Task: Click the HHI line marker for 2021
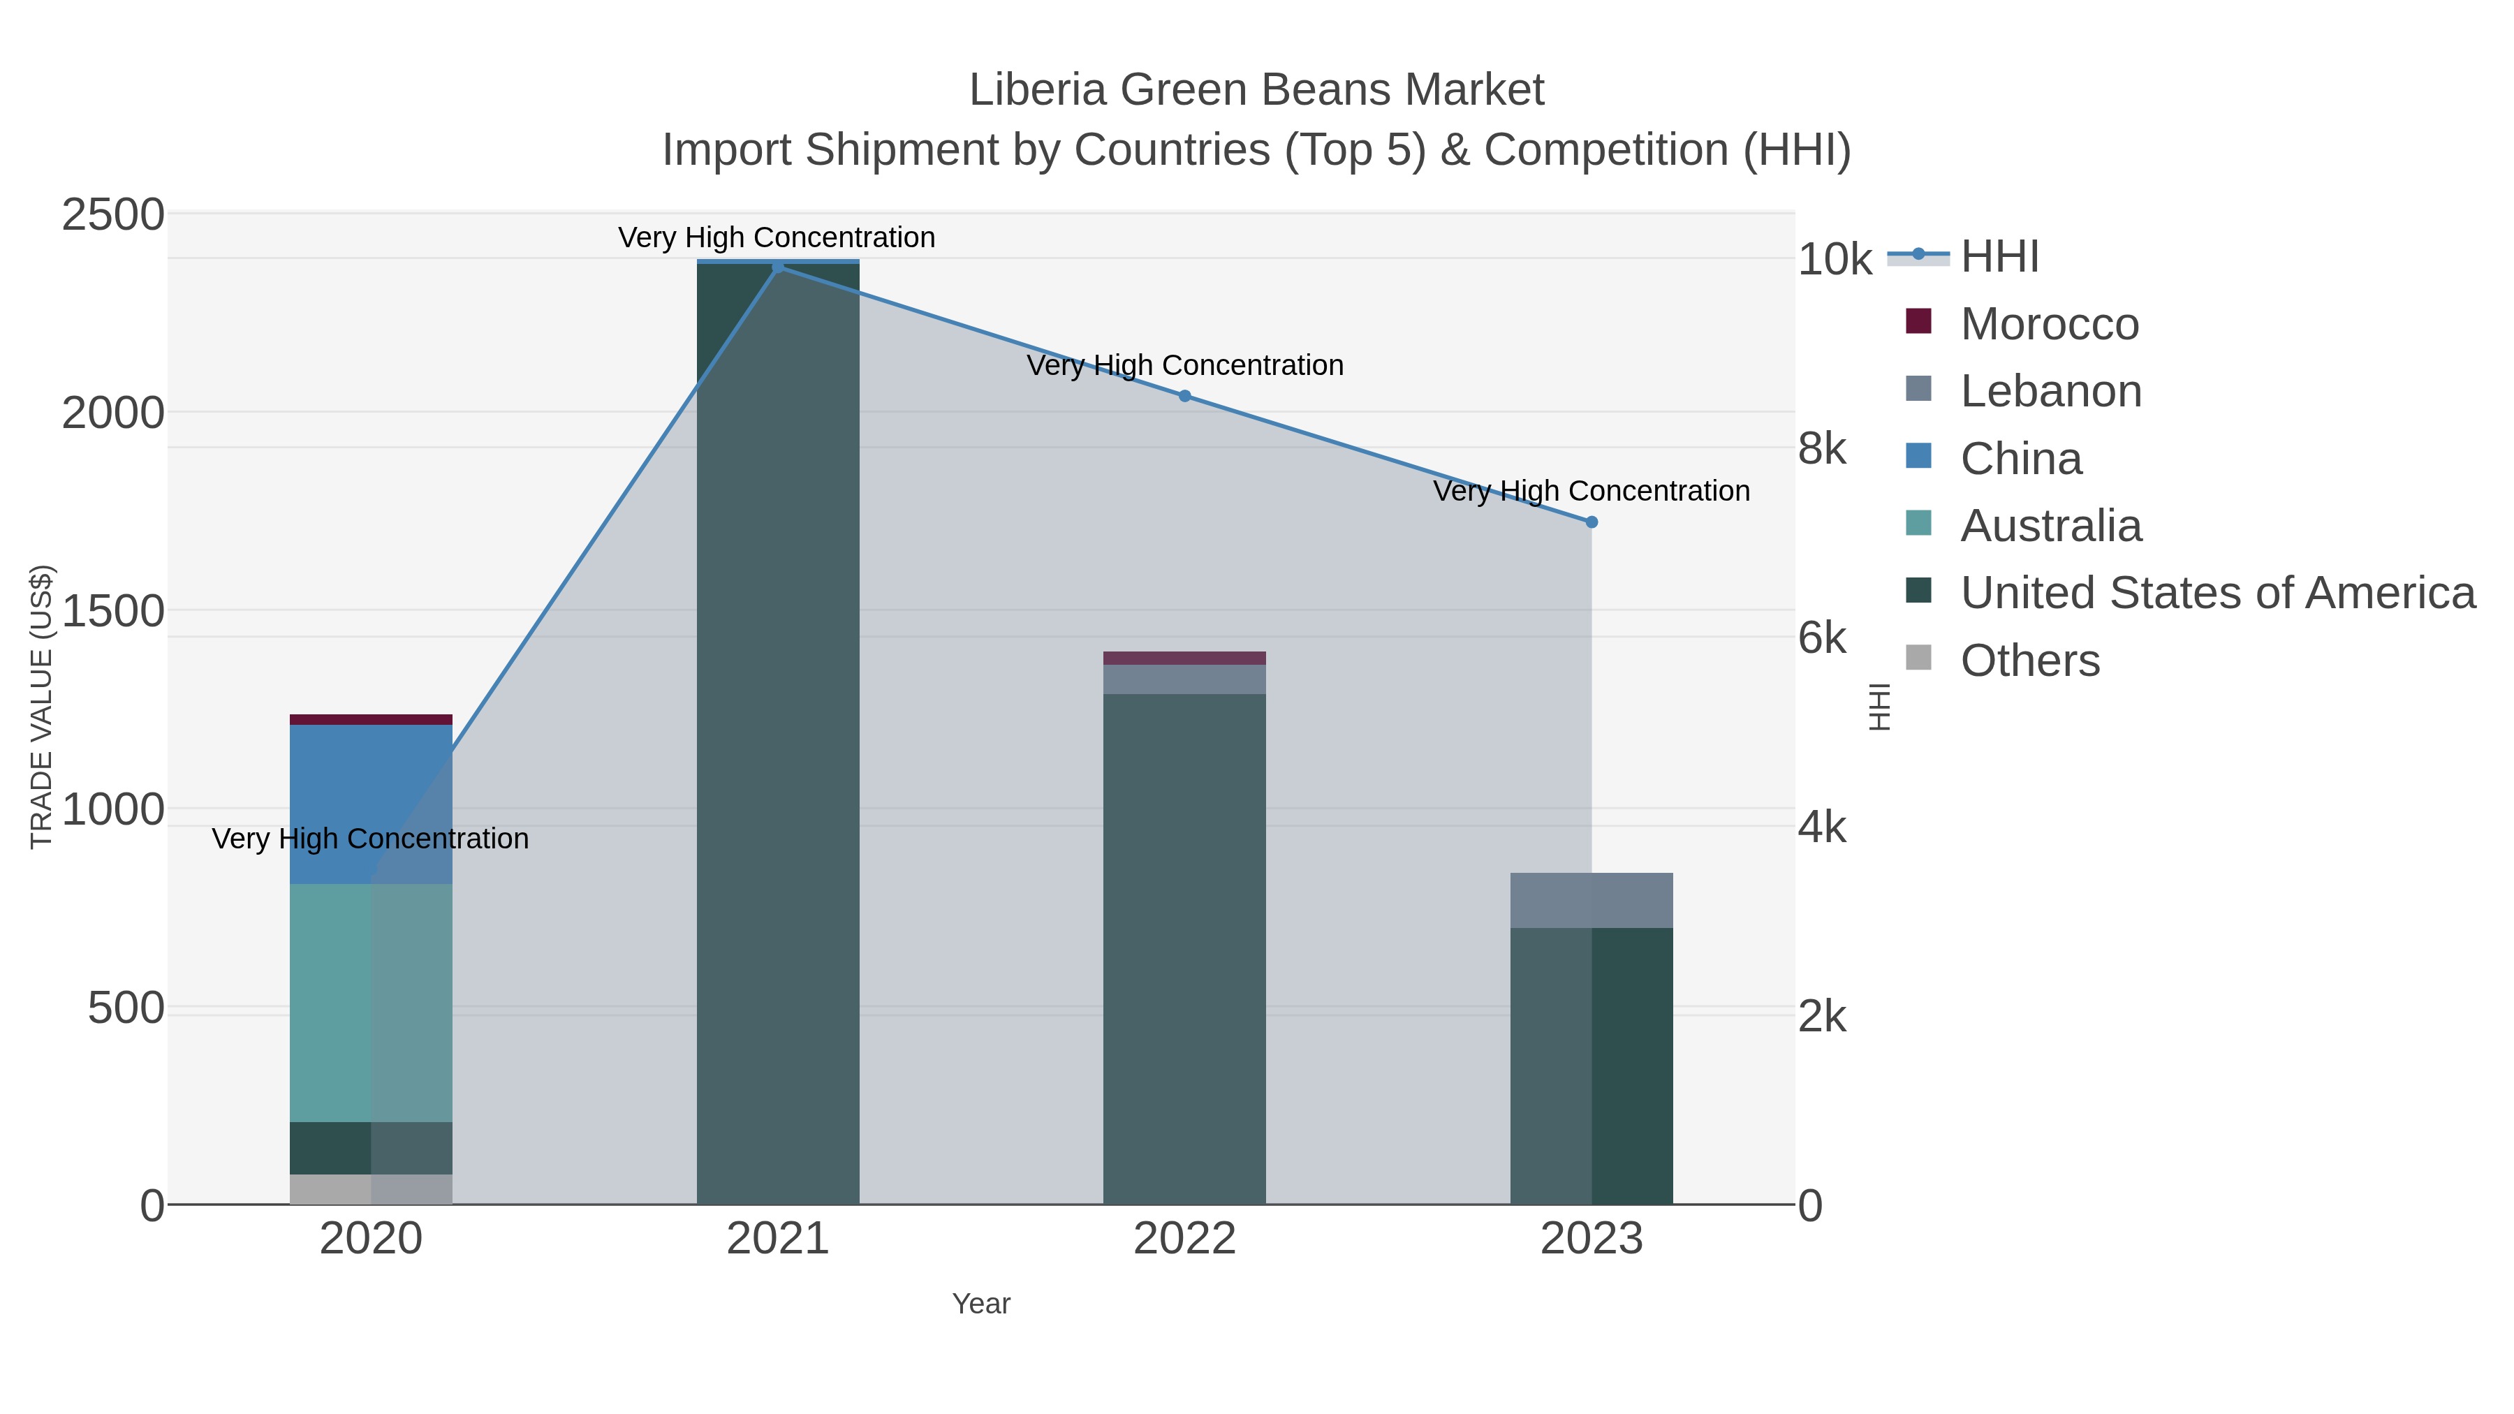(x=778, y=267)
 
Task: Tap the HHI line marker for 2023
(x=1591, y=522)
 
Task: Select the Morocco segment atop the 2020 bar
(x=371, y=719)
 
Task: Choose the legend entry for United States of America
(x=2217, y=592)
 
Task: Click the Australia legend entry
(x=2050, y=525)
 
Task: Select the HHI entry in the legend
(x=1999, y=257)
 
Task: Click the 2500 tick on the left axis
(x=113, y=214)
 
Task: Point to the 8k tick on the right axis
(x=1821, y=449)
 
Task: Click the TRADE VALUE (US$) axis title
(x=41, y=707)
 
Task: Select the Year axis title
(x=981, y=1304)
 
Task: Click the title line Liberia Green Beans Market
(x=1256, y=90)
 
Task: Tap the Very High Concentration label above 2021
(x=776, y=237)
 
